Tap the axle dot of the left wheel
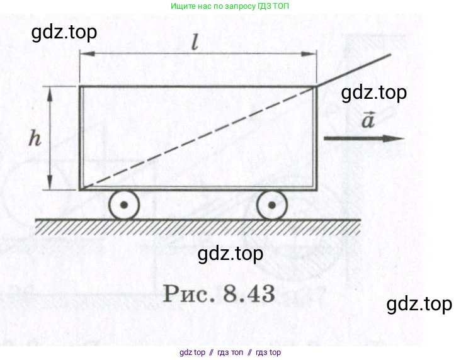click(x=124, y=205)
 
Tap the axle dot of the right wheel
click(x=272, y=205)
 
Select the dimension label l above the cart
click(x=195, y=42)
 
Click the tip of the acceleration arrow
click(x=404, y=138)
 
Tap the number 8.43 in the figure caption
click(x=249, y=293)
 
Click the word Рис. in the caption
click(x=189, y=293)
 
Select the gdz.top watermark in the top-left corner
click(x=64, y=32)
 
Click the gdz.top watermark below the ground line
click(x=230, y=254)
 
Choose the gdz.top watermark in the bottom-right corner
click(x=419, y=304)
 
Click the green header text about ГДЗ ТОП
click(x=230, y=6)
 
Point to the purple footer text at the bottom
click(x=230, y=352)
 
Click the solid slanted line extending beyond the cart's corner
click(x=354, y=70)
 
